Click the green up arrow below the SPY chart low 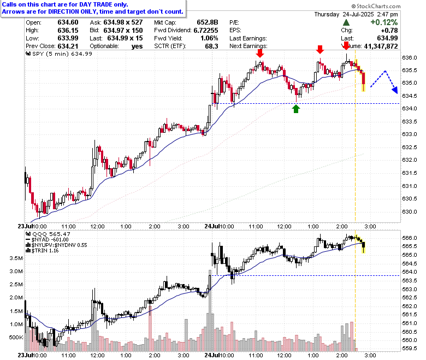[x=296, y=109]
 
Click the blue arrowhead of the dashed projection [x=395, y=90]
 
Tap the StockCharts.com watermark [x=376, y=6]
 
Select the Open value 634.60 [x=68, y=22]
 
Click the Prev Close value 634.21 [x=68, y=46]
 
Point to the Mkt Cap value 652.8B [x=208, y=22]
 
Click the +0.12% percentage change [x=384, y=22]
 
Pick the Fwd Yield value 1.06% [x=209, y=38]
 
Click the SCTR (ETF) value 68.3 [x=211, y=46]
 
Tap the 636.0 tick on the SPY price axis [x=410, y=57]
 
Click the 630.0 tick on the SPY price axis [x=410, y=211]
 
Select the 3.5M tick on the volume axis [x=16, y=258]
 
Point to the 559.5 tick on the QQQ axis [x=410, y=349]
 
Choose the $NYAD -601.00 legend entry [x=47, y=240]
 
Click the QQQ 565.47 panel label [x=48, y=234]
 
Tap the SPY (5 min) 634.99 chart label [x=59, y=54]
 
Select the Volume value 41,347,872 [x=381, y=46]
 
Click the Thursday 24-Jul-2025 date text [x=344, y=14]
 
